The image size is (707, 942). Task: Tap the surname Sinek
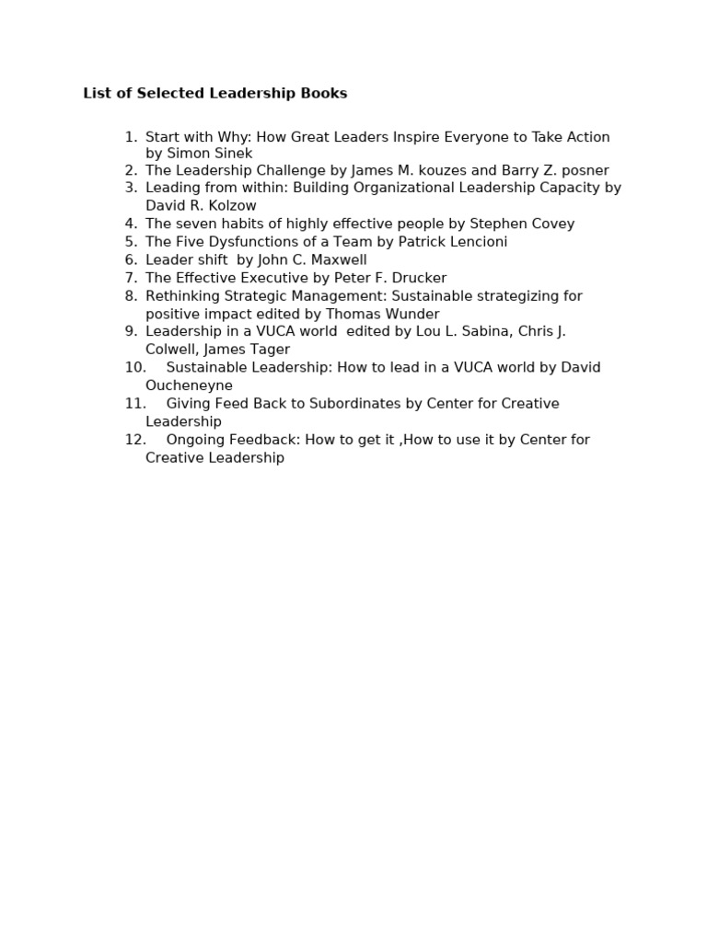(x=232, y=154)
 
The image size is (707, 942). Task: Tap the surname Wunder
(x=410, y=314)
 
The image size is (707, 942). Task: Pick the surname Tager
(x=268, y=350)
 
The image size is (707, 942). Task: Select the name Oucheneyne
(x=189, y=385)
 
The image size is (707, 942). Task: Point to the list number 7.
(x=131, y=278)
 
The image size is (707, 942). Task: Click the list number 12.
(x=134, y=440)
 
